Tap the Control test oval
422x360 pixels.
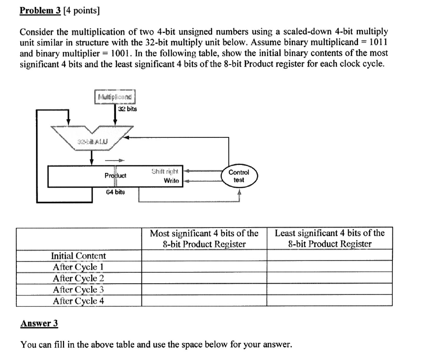coord(239,176)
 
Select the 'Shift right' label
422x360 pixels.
coord(165,171)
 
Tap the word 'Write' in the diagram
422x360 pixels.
coord(171,181)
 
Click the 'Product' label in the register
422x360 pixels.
coord(115,175)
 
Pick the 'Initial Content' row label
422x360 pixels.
coord(78,256)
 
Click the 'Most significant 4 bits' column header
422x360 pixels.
coord(204,238)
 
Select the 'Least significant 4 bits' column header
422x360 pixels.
coord(329,238)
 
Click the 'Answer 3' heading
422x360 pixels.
coord(39,324)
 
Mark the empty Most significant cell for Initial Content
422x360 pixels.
coord(204,256)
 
